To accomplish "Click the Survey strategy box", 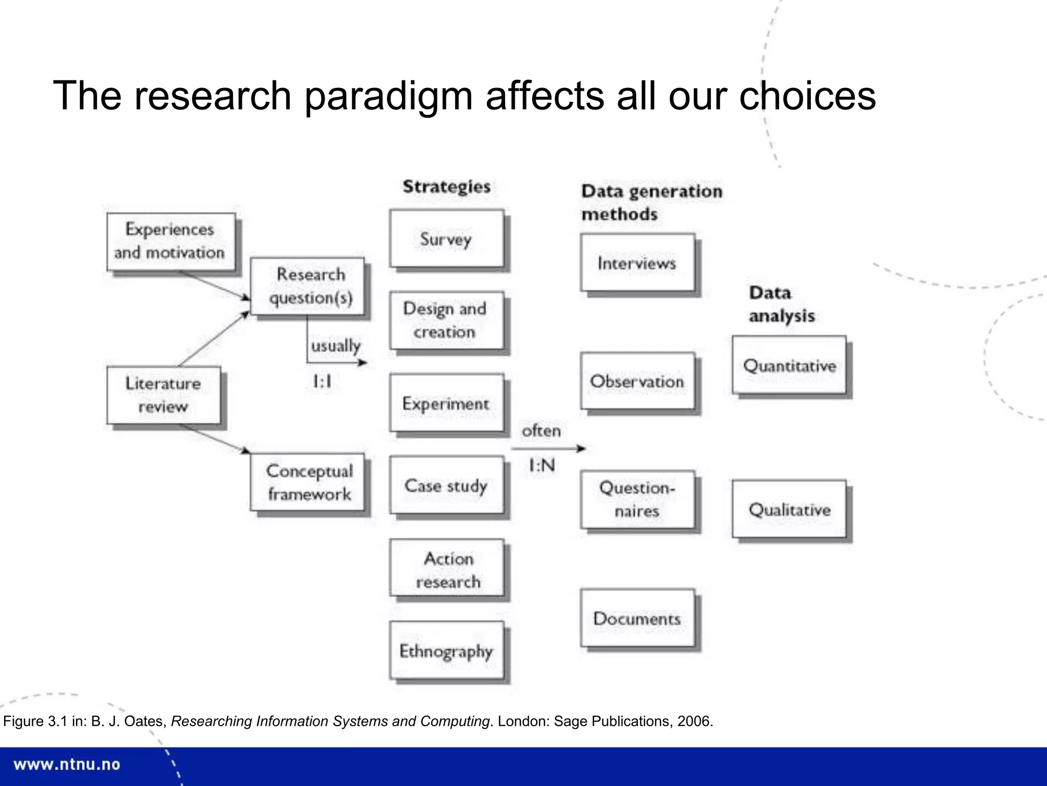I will click(x=446, y=238).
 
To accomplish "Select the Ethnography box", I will click(x=446, y=650).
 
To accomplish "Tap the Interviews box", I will click(x=637, y=263).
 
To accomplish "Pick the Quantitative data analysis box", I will click(x=789, y=365).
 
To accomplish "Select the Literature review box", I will click(x=164, y=395).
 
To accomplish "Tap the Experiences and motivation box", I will click(x=171, y=241).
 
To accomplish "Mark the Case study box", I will click(x=446, y=485).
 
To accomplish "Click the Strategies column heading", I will click(x=446, y=186).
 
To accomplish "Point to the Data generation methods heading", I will click(x=651, y=202).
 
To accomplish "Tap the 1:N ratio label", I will click(x=541, y=466).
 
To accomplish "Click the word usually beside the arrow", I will click(x=335, y=345).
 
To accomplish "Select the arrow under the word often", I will click(x=548, y=449).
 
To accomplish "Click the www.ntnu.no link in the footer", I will click(x=67, y=765).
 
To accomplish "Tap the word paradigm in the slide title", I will click(x=389, y=96).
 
